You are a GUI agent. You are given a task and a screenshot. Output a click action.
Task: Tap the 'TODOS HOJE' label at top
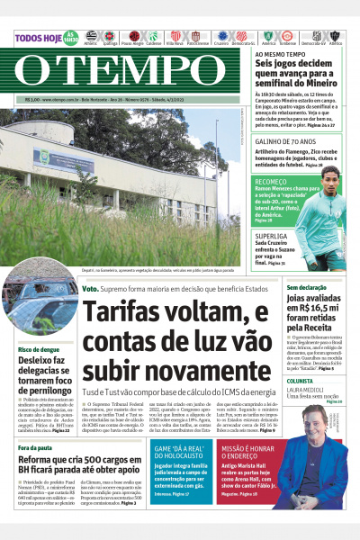(37, 38)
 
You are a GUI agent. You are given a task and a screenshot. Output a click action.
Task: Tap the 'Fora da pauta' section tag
(35, 447)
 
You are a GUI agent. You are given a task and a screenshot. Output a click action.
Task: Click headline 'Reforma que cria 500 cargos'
(82, 463)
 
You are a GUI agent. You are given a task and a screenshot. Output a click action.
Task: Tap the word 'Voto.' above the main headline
(91, 289)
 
